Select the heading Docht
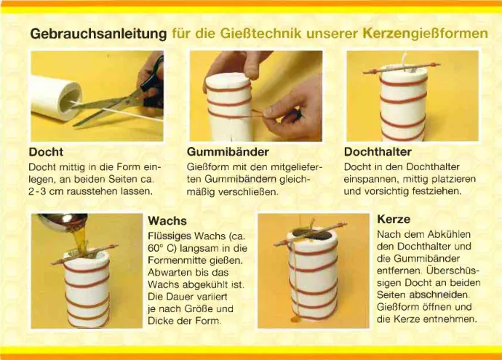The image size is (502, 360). coord(45,153)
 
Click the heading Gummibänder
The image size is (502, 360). coord(228,153)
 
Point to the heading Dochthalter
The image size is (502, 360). coord(378,152)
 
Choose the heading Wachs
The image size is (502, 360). coord(167,220)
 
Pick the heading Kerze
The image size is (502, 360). coord(394,219)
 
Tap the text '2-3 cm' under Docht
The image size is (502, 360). coord(45,191)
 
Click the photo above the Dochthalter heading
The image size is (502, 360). coord(412,96)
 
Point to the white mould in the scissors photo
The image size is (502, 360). coord(55,98)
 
